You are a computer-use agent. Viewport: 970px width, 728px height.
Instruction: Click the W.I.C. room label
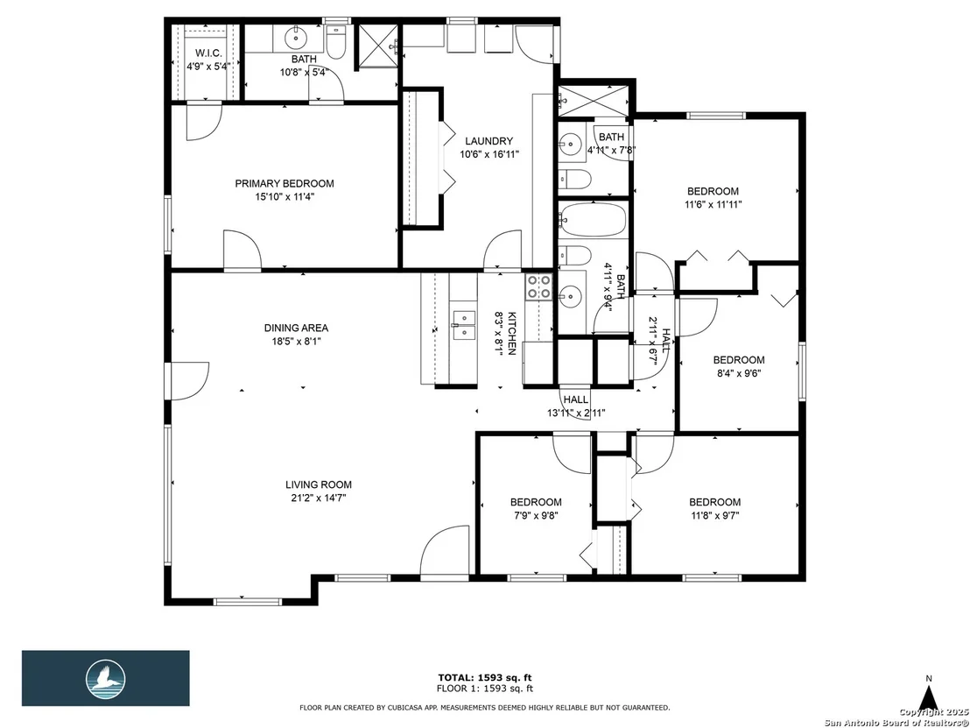[208, 53]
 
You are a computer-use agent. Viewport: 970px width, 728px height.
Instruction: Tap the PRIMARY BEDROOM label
[285, 183]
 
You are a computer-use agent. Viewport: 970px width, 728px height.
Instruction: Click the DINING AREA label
[296, 329]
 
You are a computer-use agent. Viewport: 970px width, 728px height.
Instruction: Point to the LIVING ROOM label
[319, 484]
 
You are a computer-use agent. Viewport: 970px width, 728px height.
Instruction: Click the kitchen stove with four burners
[538, 287]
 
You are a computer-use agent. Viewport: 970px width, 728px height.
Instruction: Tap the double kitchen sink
[463, 326]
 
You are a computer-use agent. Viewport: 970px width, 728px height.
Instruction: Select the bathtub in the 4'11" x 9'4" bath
[592, 219]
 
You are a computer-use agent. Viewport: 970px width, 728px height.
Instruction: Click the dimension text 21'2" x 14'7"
[319, 498]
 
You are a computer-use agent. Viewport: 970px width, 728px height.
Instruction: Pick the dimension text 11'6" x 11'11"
[713, 204]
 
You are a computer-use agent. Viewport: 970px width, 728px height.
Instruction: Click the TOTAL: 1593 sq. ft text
[485, 678]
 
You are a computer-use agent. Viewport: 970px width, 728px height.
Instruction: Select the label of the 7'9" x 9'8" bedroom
[536, 502]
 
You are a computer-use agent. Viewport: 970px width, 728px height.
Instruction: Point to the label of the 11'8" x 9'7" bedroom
[715, 502]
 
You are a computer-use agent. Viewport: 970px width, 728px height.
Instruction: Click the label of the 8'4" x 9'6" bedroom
[739, 360]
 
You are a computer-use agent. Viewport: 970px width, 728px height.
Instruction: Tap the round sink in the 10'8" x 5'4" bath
[296, 39]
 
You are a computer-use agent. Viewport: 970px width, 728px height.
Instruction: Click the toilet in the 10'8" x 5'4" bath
[336, 43]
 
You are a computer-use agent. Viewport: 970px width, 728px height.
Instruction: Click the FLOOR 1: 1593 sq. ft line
[485, 689]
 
